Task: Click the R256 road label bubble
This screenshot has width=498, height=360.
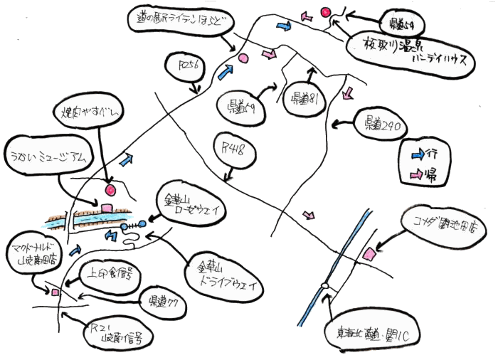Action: point(189,68)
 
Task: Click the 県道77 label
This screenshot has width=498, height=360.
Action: point(163,302)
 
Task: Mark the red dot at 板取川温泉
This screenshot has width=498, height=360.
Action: point(327,12)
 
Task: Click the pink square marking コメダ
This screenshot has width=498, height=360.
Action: point(369,254)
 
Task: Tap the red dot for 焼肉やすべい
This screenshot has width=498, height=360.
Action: point(110,190)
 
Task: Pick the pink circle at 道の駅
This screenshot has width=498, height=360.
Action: point(242,58)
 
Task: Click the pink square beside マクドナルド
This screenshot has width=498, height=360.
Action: point(53,292)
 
